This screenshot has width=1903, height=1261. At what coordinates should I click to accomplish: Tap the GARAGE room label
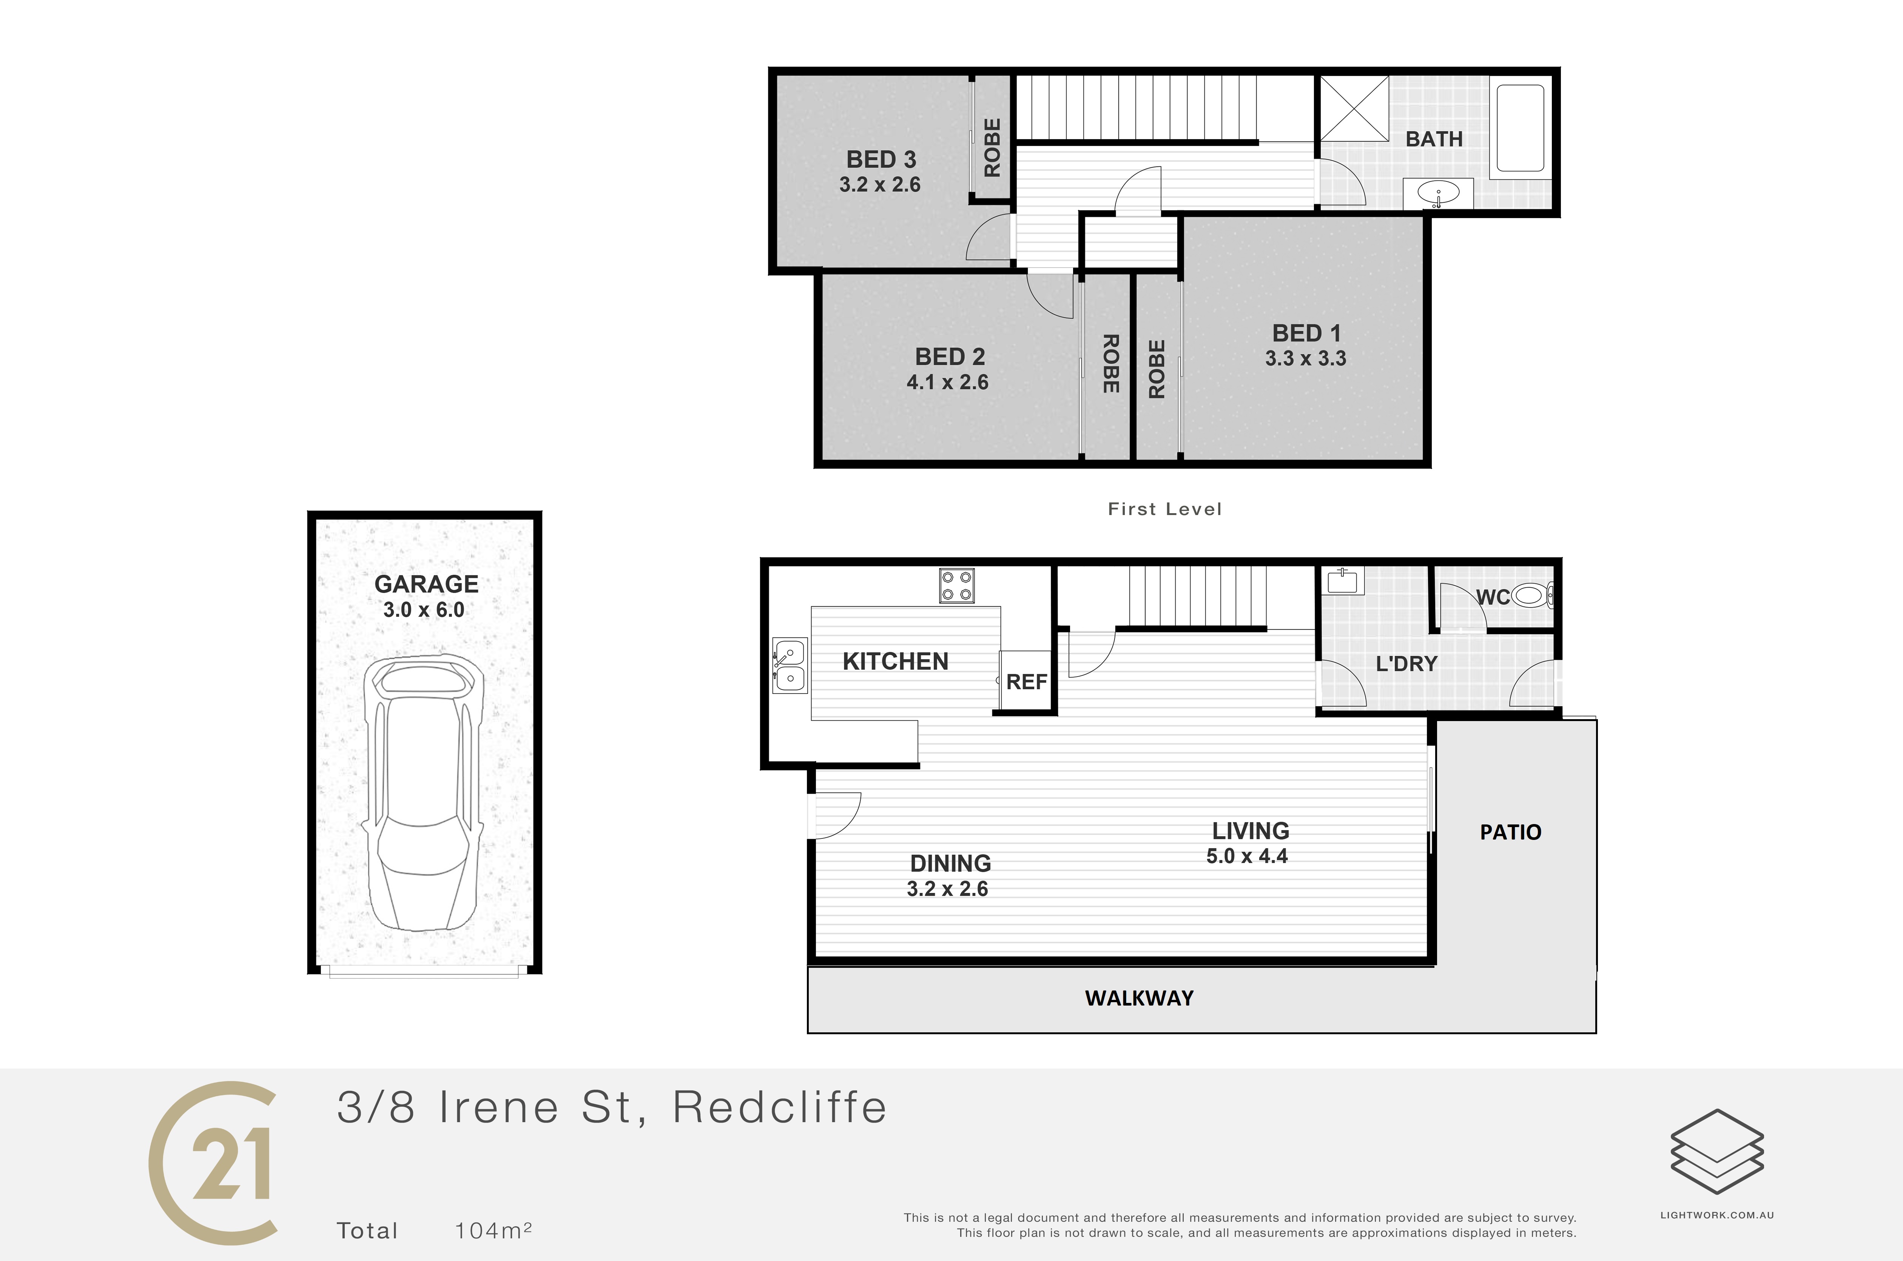click(x=426, y=584)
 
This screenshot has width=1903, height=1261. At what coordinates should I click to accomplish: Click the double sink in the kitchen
click(x=790, y=665)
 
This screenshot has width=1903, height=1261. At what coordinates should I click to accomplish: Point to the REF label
click(x=1027, y=682)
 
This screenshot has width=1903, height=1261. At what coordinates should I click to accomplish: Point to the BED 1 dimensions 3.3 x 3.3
click(x=1305, y=359)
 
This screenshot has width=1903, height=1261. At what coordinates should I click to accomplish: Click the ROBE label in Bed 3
click(x=992, y=148)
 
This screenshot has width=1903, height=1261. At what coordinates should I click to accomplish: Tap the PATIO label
click(x=1510, y=832)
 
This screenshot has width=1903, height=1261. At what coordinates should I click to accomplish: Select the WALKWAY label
click(x=1140, y=998)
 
